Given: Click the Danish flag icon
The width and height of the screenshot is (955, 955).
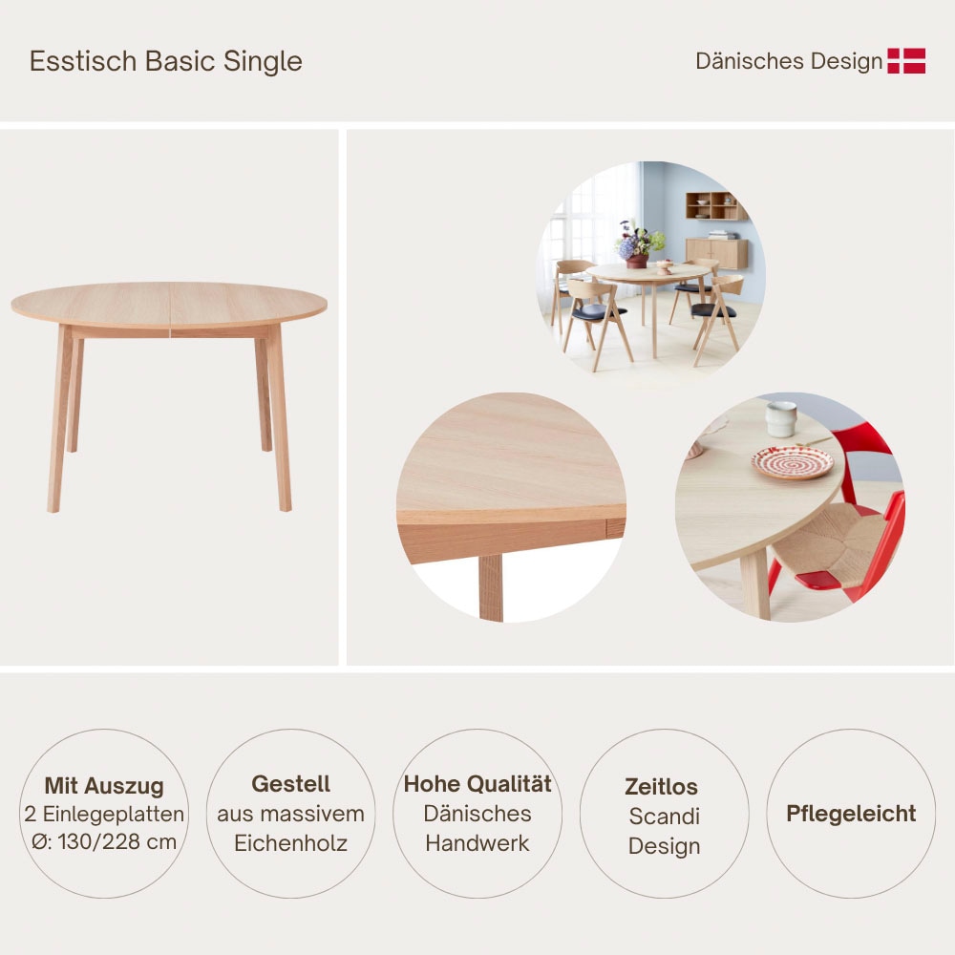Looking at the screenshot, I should [x=906, y=61].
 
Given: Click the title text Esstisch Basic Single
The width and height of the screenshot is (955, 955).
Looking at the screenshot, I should [x=166, y=61].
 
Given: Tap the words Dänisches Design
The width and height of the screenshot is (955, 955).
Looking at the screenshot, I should [x=789, y=61].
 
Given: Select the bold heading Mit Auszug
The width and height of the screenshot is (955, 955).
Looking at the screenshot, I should [x=104, y=786].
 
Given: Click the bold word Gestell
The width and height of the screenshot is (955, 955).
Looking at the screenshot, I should [x=290, y=784].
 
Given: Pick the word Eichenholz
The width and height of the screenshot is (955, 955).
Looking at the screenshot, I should [x=290, y=843].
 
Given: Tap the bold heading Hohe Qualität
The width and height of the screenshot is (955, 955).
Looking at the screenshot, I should [x=477, y=784].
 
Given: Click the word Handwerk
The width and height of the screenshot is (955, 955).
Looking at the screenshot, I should [x=477, y=843].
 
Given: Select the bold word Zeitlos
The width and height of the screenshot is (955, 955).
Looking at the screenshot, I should [x=661, y=787].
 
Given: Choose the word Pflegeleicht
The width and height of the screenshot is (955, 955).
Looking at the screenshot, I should [x=851, y=814].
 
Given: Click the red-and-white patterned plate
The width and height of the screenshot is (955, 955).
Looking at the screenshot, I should [x=792, y=463].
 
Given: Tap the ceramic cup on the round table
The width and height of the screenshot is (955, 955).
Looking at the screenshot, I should [x=780, y=418].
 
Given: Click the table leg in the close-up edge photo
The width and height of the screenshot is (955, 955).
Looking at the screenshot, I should [x=490, y=587].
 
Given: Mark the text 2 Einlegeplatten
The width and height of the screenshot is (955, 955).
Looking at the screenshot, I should [x=104, y=815].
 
